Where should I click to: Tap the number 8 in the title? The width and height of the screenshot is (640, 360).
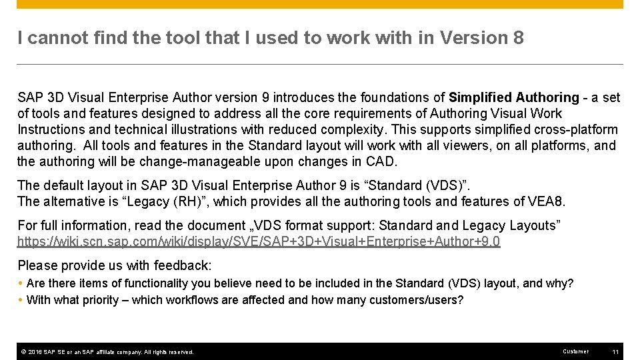(518, 38)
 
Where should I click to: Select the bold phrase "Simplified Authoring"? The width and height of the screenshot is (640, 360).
(514, 98)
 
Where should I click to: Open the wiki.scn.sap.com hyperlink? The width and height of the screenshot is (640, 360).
(259, 242)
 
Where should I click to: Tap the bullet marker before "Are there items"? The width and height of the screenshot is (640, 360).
(21, 283)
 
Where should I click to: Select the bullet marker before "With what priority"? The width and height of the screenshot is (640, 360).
(21, 300)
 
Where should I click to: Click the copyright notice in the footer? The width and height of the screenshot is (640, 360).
(107, 351)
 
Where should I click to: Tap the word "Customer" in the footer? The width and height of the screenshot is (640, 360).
(575, 351)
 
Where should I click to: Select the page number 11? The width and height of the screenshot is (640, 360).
(615, 351)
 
